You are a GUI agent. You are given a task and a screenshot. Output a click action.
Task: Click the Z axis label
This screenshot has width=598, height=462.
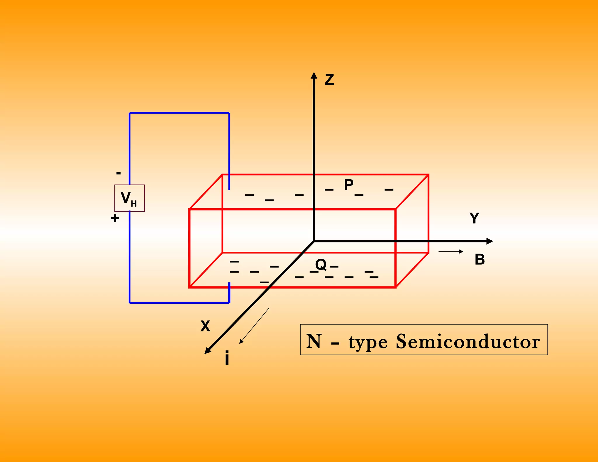329,80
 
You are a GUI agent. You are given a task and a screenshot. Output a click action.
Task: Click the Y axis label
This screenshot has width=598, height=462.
474,218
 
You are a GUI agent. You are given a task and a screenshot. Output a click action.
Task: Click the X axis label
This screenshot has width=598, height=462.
205,326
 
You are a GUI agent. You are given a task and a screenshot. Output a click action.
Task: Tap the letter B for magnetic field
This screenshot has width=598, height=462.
480,259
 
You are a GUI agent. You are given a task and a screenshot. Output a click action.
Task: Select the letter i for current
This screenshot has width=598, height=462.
227,359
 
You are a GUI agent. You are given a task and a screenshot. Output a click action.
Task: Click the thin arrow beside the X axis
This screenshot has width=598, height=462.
254,326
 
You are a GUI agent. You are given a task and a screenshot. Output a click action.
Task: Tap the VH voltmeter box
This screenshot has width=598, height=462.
129,198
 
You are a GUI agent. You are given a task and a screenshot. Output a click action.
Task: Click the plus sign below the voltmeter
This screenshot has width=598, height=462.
115,218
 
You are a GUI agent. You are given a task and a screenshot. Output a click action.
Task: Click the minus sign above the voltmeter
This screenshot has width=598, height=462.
118,173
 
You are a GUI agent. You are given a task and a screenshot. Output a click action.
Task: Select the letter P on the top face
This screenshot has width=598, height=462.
349,185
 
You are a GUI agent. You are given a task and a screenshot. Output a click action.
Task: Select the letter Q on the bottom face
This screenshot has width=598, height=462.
321,265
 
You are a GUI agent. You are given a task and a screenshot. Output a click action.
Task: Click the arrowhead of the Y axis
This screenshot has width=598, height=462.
490,241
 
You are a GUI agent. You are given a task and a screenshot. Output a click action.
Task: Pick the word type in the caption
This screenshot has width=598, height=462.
368,342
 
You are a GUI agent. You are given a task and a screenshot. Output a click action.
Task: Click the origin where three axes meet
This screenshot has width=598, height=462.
314,241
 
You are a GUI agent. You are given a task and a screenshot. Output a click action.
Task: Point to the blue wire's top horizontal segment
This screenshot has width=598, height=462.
179,113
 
